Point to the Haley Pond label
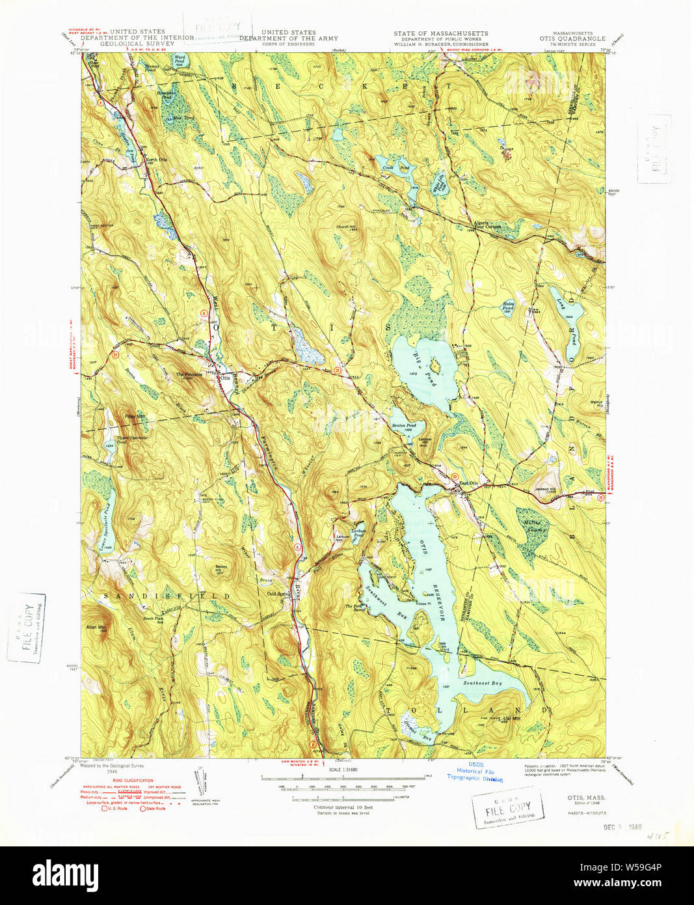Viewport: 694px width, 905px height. pos(508,306)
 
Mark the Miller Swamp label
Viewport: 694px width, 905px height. pos(533,525)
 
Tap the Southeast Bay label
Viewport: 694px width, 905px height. pos(483,683)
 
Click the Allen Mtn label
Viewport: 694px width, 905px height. pos(96,628)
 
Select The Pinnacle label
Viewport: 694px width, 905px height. pos(189,375)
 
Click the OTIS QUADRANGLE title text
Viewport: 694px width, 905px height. pos(572,38)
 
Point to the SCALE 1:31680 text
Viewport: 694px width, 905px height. pos(344,769)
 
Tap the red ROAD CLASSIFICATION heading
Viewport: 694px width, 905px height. pos(133,780)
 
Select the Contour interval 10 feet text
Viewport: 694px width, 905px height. pos(343,807)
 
